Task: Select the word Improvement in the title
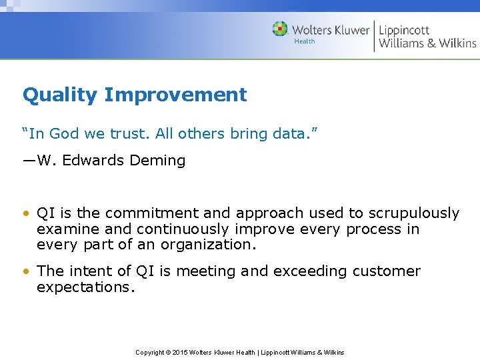click(175, 95)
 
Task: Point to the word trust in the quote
click(130, 134)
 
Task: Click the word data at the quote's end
click(291, 134)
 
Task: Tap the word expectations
click(86, 287)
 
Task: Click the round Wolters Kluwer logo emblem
click(280, 29)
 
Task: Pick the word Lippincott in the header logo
click(405, 30)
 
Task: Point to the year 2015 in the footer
click(181, 352)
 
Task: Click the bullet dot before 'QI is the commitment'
click(26, 214)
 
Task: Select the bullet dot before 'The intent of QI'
click(26, 272)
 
